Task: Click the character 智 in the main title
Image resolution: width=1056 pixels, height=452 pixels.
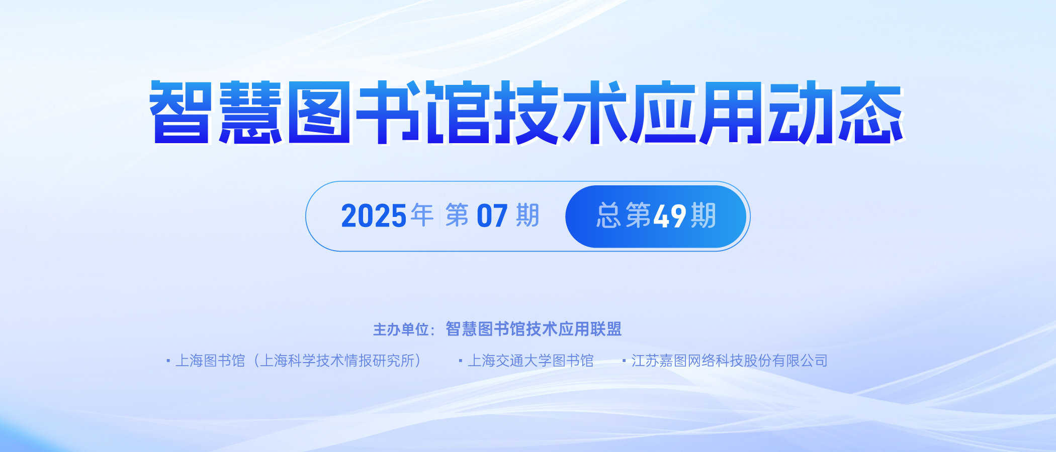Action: [180, 112]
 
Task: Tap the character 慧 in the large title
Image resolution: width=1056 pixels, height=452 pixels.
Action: [250, 112]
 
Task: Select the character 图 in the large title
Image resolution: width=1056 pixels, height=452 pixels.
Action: [319, 112]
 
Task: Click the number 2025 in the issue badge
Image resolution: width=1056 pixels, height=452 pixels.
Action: [374, 216]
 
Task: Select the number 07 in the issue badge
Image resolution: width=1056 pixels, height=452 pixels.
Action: [492, 216]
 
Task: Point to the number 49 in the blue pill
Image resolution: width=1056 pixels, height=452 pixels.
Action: [670, 216]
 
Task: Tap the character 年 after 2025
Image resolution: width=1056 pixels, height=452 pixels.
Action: [422, 215]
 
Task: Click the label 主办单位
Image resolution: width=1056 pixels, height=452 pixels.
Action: [400, 329]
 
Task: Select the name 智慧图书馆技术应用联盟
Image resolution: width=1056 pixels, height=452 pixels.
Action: [534, 329]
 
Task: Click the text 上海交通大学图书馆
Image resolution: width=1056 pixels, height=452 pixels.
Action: [531, 361]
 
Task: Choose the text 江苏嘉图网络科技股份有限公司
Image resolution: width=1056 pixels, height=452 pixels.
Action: [730, 361]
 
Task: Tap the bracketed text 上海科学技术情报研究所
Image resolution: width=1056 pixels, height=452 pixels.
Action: [337, 361]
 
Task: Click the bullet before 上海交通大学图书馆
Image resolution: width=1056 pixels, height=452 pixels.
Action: [461, 361]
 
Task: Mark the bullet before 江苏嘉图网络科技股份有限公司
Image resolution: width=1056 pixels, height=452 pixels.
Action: [624, 361]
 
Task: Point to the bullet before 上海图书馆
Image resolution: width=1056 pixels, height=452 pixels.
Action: [168, 361]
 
